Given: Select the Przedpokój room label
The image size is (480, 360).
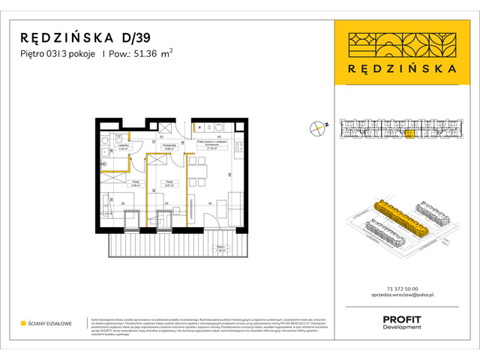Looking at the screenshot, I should click(169, 147).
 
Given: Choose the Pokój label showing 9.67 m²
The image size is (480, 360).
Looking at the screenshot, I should click(170, 182).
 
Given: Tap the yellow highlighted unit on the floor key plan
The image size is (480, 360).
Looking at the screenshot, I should click(409, 135).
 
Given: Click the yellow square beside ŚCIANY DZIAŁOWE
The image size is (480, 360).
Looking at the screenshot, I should click(24, 323).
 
